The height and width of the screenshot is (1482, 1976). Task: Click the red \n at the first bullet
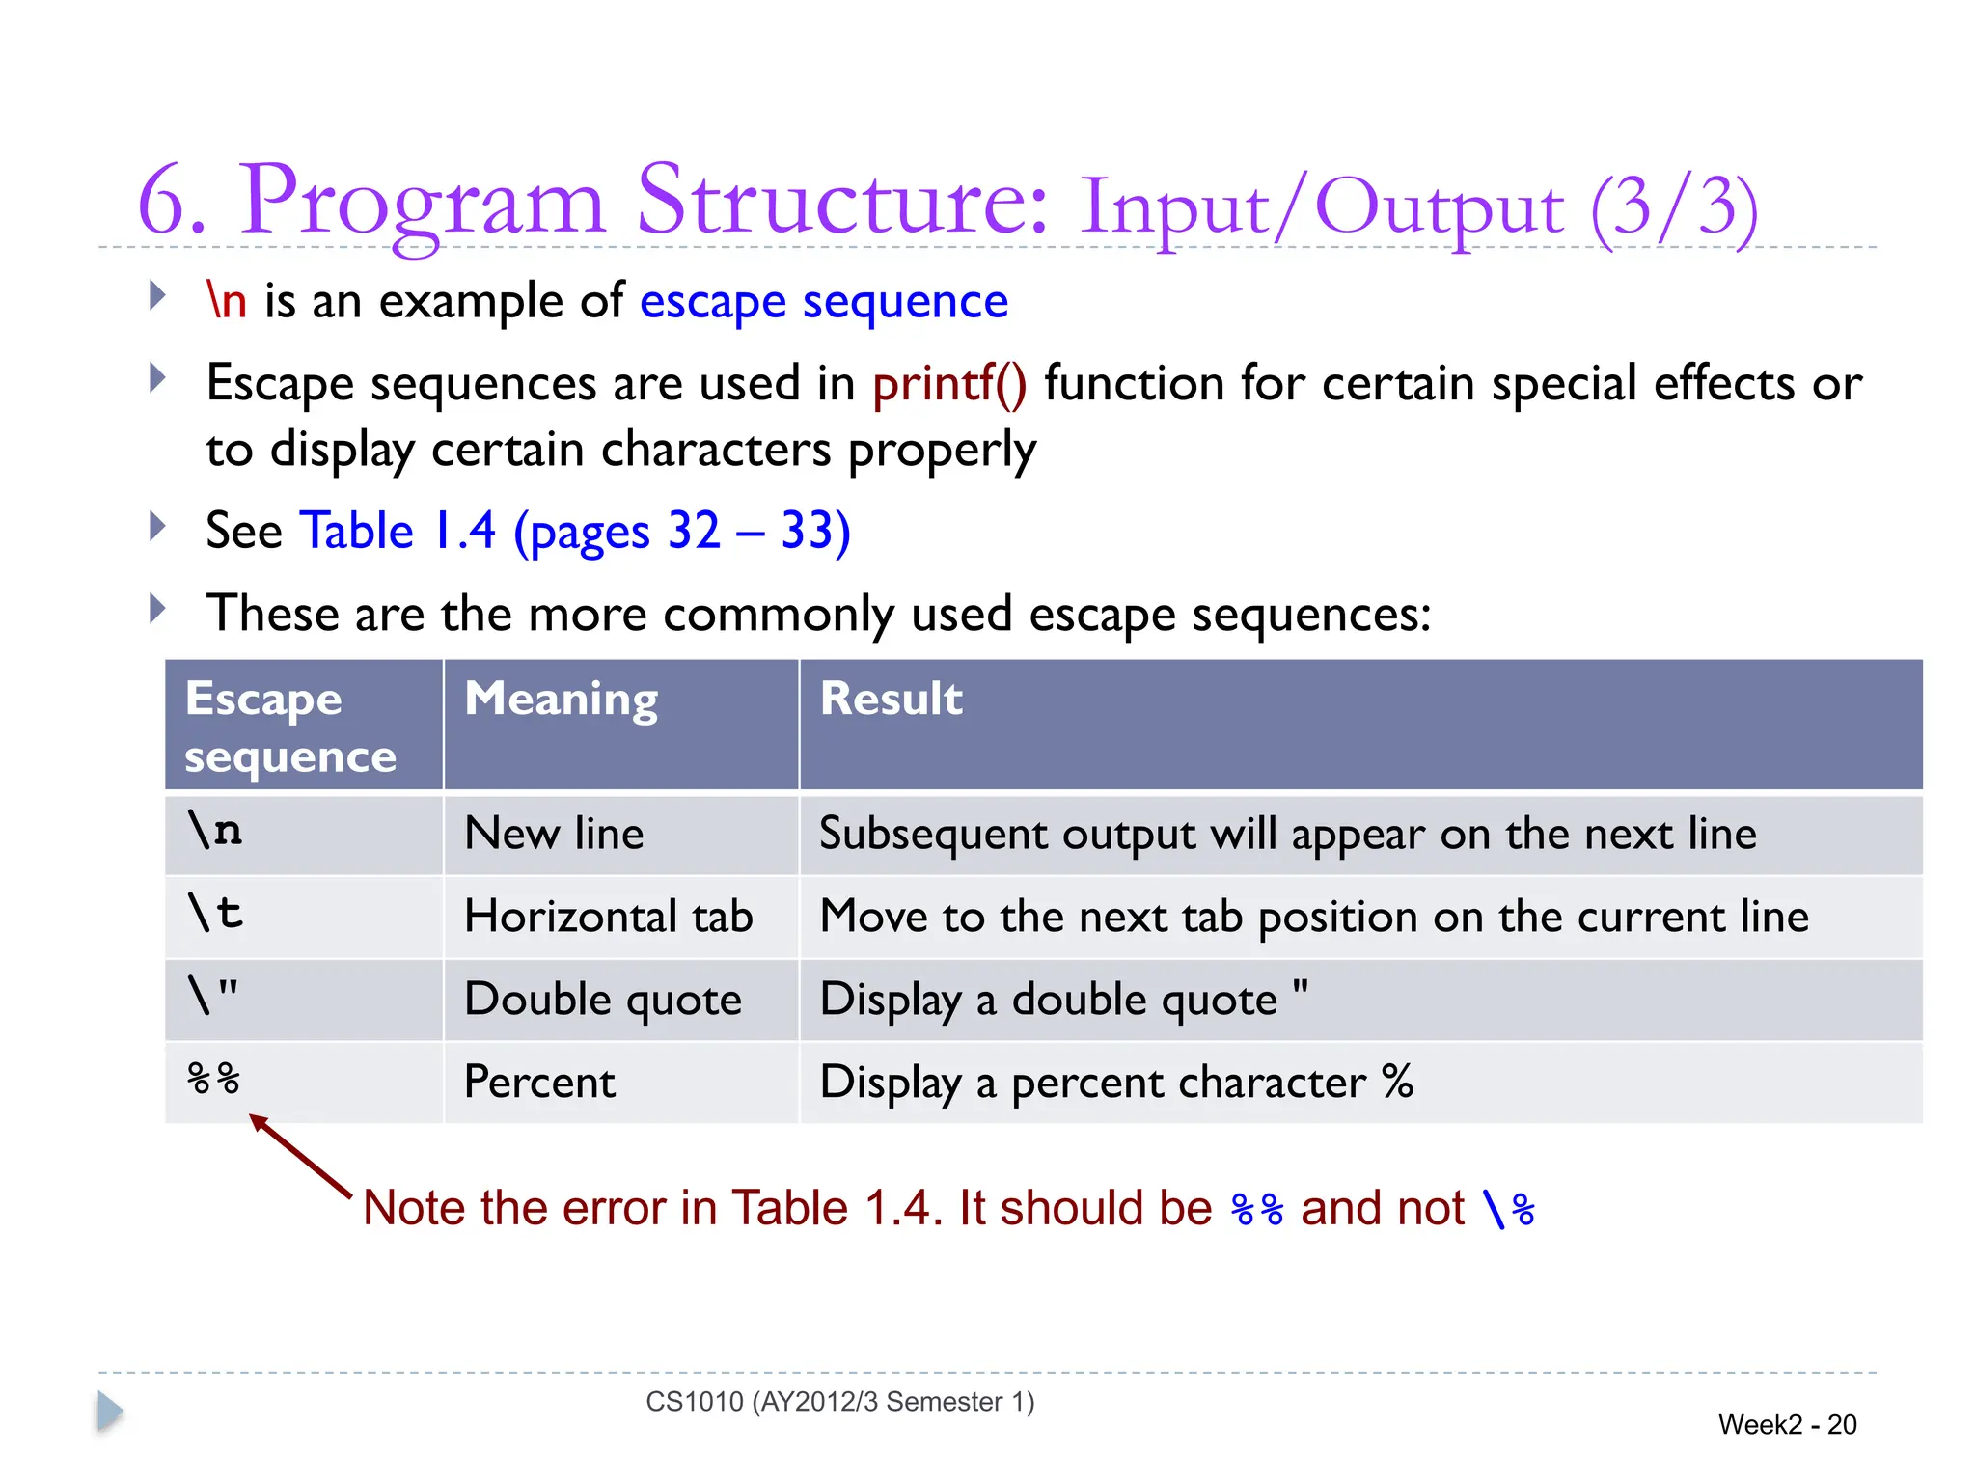point(227,301)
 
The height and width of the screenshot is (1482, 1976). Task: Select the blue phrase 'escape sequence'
point(823,301)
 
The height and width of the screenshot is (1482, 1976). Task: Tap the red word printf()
point(949,383)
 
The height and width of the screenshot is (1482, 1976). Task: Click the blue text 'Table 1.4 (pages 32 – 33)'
point(575,531)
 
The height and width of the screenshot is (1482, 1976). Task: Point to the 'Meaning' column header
point(561,699)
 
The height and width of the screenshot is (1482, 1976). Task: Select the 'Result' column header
point(891,699)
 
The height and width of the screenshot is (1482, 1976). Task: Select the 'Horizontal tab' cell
point(608,916)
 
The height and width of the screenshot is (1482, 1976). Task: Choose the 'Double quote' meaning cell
point(602,999)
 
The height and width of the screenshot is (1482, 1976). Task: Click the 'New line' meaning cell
point(554,833)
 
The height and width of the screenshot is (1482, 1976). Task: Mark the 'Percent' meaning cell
point(539,1082)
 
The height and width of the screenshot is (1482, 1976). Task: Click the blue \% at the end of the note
point(1508,1209)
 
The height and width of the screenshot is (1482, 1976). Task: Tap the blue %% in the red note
point(1257,1209)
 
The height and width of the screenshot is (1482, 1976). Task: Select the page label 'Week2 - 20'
point(1787,1424)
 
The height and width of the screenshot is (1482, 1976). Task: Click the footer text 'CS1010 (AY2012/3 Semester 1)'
point(839,1401)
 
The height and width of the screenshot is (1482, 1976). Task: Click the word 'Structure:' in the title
point(842,202)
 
